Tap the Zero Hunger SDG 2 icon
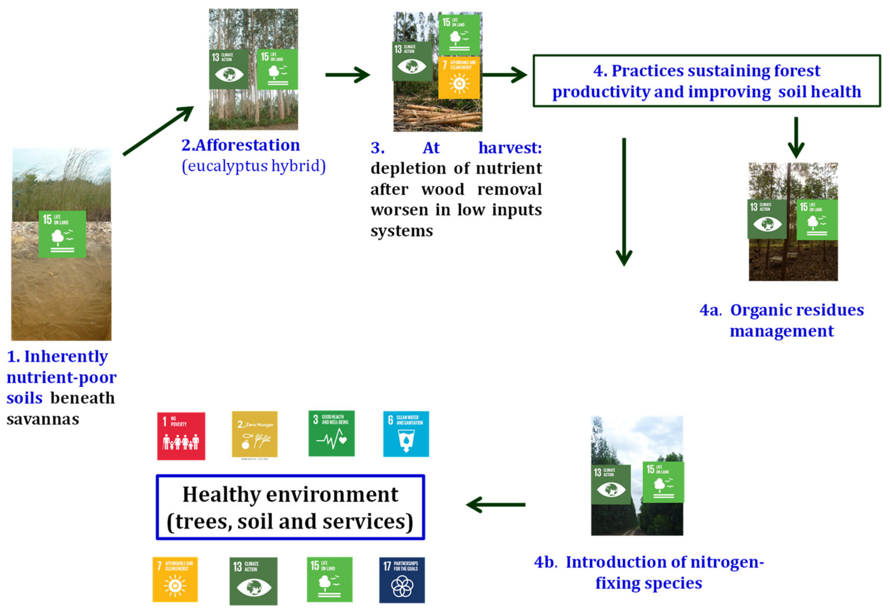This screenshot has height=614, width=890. pyautogui.click(x=254, y=434)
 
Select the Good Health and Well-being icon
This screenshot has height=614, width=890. pyautogui.click(x=331, y=434)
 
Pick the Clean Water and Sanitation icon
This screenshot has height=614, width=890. pyautogui.click(x=406, y=434)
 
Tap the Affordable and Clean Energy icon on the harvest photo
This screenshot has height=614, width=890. pyautogui.click(x=459, y=77)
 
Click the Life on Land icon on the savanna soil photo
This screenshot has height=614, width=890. pyautogui.click(x=62, y=234)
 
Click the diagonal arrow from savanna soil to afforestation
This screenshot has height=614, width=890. pyautogui.click(x=158, y=131)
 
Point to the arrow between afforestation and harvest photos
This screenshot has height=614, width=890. pyautogui.click(x=347, y=75)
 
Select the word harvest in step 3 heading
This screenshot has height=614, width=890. pyautogui.click(x=509, y=148)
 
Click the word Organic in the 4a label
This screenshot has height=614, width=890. pyautogui.click(x=758, y=310)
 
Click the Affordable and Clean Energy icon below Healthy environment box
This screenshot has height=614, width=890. pyautogui.click(x=175, y=579)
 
